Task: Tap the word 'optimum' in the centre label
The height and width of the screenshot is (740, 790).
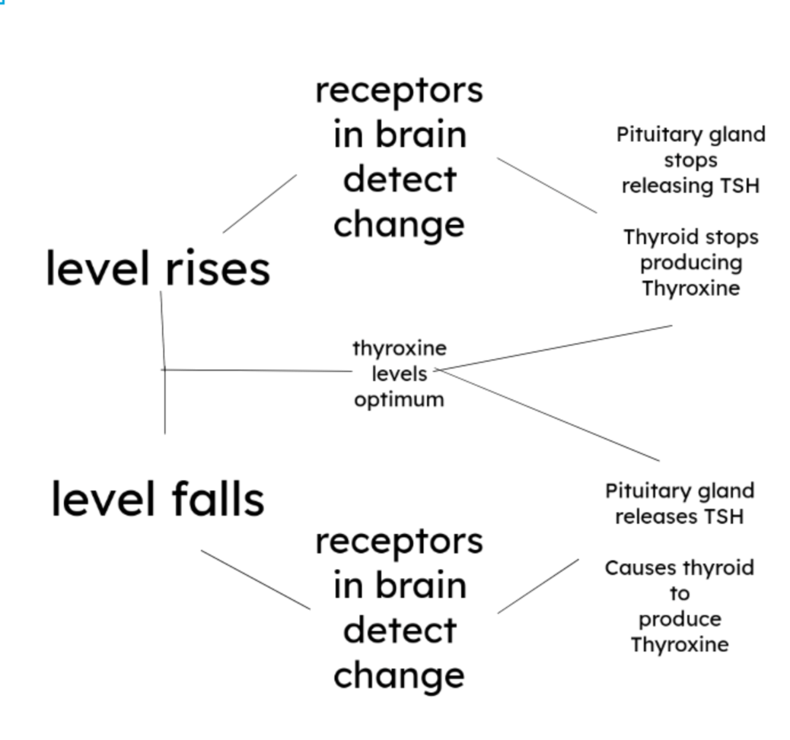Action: click(399, 399)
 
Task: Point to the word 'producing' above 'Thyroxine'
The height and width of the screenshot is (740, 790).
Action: click(690, 263)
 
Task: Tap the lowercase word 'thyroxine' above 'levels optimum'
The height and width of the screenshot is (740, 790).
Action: click(400, 348)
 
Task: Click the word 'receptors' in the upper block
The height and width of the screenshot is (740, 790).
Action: click(399, 91)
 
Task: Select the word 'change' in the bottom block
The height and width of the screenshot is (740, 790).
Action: click(399, 675)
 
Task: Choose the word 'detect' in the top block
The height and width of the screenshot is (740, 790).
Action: click(399, 179)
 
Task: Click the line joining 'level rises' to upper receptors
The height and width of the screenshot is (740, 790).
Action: click(260, 203)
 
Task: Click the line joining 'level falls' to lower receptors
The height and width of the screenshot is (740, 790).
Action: click(255, 580)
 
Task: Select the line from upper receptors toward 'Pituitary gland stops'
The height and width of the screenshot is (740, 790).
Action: click(547, 186)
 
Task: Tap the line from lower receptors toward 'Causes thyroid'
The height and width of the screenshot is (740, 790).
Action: click(538, 586)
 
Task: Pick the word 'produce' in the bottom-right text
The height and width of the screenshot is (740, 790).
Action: click(680, 619)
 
